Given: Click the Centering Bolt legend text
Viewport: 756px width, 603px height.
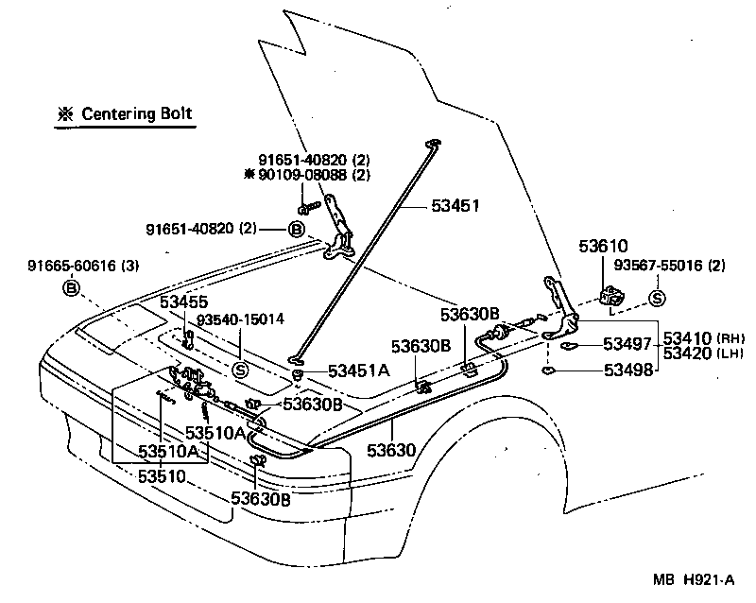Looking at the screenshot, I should coord(136,114).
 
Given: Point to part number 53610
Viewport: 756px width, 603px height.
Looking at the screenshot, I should coord(603,247).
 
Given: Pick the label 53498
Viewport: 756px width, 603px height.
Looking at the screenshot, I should coord(627,370).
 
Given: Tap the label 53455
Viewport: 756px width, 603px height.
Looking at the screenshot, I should coord(183,302).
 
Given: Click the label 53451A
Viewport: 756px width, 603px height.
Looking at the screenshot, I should coord(358,370).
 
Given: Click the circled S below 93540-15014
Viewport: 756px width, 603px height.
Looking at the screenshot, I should coord(240,370).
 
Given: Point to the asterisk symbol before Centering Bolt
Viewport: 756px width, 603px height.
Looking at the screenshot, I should coord(65,114).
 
